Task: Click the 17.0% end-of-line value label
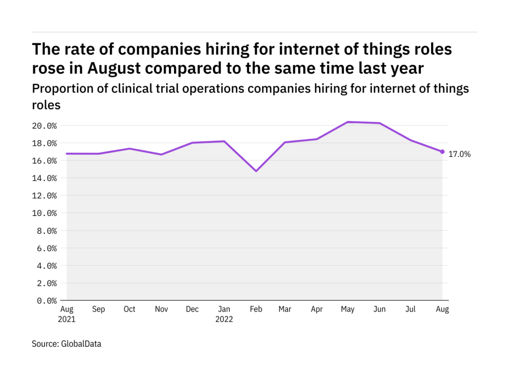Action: point(460,154)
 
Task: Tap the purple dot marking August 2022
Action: point(442,152)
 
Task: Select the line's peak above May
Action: point(348,122)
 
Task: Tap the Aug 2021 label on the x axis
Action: point(67,314)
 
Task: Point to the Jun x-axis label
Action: point(380,309)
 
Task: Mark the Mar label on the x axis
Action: point(285,309)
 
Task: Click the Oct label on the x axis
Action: point(129,309)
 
